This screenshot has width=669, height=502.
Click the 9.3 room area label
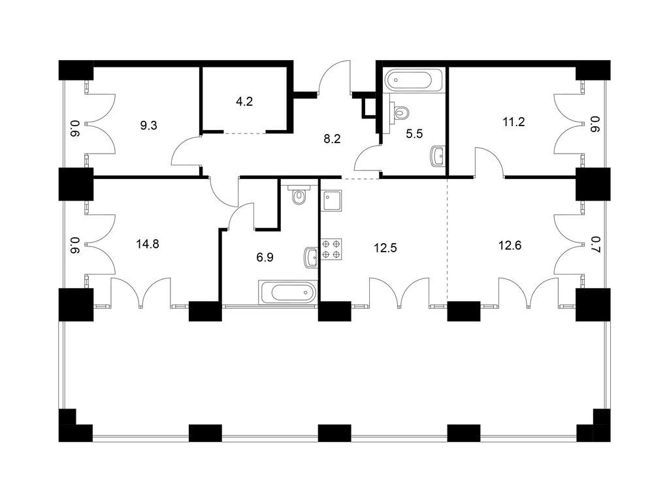tap(148, 125)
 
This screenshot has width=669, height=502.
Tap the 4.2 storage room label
tap(244, 101)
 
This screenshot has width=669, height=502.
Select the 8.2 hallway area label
tap(332, 139)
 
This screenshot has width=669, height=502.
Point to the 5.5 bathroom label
tap(414, 134)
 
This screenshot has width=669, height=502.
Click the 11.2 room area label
tap(514, 122)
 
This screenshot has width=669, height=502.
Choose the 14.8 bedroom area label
tap(148, 244)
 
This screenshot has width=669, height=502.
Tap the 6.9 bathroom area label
tap(265, 257)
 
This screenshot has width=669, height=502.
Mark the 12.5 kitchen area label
tap(385, 248)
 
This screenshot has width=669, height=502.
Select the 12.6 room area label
tap(510, 246)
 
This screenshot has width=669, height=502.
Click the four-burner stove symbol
tap(331, 249)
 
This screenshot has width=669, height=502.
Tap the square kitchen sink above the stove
tap(332, 201)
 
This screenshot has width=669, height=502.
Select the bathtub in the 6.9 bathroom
tap(288, 292)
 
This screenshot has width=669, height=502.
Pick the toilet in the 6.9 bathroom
tap(299, 195)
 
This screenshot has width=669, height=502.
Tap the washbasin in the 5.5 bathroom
tap(438, 156)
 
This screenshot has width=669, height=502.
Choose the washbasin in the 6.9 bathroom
tap(312, 258)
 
